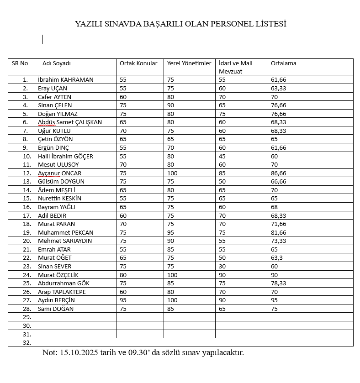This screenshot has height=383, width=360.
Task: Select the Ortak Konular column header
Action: pos(138,63)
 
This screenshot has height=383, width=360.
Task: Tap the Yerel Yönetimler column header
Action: pos(189,63)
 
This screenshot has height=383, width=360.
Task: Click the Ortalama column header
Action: pos(283,63)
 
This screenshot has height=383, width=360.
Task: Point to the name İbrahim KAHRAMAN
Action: pos(65,79)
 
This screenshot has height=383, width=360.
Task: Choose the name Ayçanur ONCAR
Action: pos(60,173)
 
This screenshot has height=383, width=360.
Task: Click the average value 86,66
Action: pos(279,173)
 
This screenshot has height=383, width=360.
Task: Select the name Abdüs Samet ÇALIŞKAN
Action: pos(70,122)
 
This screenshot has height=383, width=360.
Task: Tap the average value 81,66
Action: pos(279,232)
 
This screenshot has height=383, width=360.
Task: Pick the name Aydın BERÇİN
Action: pos(56,300)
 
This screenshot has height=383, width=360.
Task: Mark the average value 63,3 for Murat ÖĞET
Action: pos(277,258)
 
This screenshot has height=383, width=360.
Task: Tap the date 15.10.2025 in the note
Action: pos(76,353)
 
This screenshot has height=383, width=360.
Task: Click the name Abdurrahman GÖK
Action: pos(64,283)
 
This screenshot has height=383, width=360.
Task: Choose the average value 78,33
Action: pos(279,283)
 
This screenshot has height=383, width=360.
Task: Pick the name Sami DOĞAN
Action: pos(56,309)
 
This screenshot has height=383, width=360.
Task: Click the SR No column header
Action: pos(20,63)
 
